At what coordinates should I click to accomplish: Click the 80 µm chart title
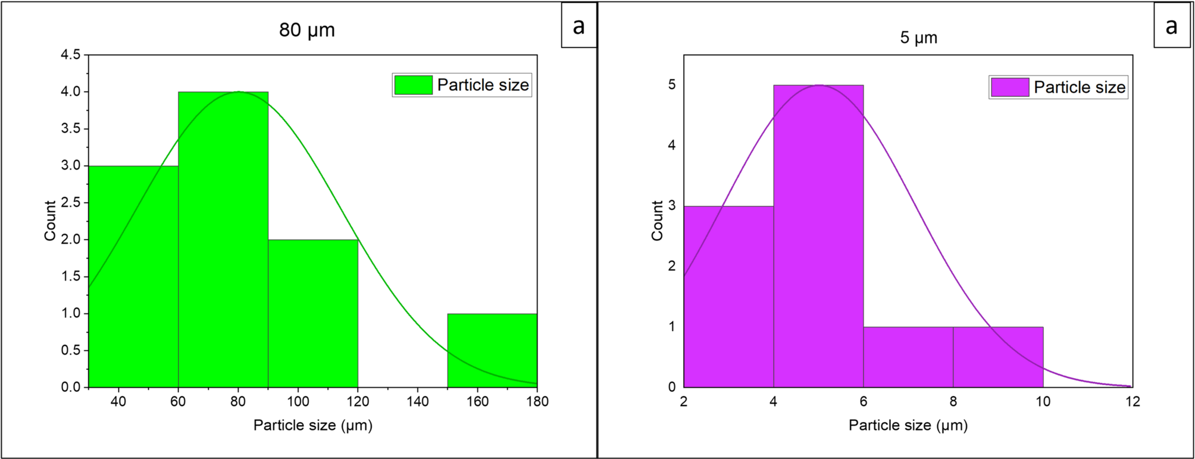click(x=306, y=30)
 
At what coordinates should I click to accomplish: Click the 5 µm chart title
click(x=918, y=38)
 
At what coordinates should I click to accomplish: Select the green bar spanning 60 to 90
click(x=223, y=250)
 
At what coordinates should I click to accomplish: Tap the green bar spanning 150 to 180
click(x=492, y=350)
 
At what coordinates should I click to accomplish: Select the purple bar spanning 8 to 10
click(x=998, y=357)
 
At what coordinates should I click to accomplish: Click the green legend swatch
click(x=413, y=85)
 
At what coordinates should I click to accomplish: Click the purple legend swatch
click(x=1010, y=87)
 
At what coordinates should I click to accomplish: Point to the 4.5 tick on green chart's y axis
click(x=70, y=55)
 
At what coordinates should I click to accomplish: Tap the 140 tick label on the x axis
click(x=418, y=402)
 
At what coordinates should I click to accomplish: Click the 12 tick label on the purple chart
click(x=1133, y=402)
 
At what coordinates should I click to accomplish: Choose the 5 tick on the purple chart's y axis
click(x=672, y=85)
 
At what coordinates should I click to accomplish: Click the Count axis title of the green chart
click(x=50, y=221)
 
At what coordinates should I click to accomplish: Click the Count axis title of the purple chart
click(x=657, y=221)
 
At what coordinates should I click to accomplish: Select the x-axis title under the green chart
click(x=313, y=426)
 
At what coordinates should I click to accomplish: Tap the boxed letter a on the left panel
click(x=578, y=26)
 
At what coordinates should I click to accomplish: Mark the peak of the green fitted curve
click(x=239, y=92)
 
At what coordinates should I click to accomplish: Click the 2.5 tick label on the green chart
click(x=70, y=203)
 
